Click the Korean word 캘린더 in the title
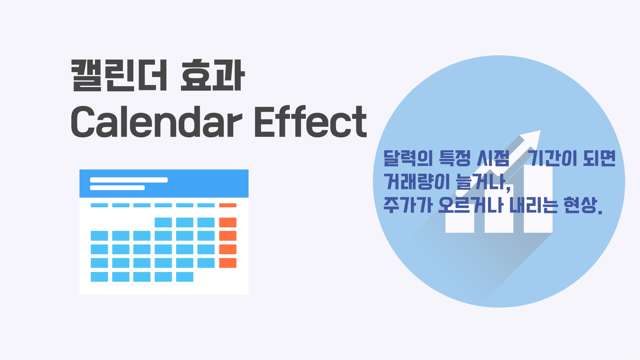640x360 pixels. (x=119, y=75)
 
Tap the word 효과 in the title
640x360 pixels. (x=213, y=75)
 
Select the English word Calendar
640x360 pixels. (x=156, y=121)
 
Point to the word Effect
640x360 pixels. (x=310, y=121)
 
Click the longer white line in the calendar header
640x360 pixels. (x=129, y=180)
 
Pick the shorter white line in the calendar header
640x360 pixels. (x=117, y=188)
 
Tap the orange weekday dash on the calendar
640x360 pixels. (x=228, y=205)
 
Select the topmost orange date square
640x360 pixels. (x=228, y=222)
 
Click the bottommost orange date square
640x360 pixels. (x=228, y=263)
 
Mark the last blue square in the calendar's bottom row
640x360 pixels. (x=185, y=277)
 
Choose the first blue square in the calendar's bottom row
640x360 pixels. (x=99, y=277)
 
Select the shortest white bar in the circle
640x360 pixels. (x=460, y=220)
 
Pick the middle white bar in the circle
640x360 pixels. (x=499, y=210)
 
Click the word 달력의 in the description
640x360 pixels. (x=408, y=158)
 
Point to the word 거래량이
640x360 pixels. (x=417, y=182)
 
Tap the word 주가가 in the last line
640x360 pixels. (x=408, y=205)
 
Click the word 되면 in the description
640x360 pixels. (x=599, y=158)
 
